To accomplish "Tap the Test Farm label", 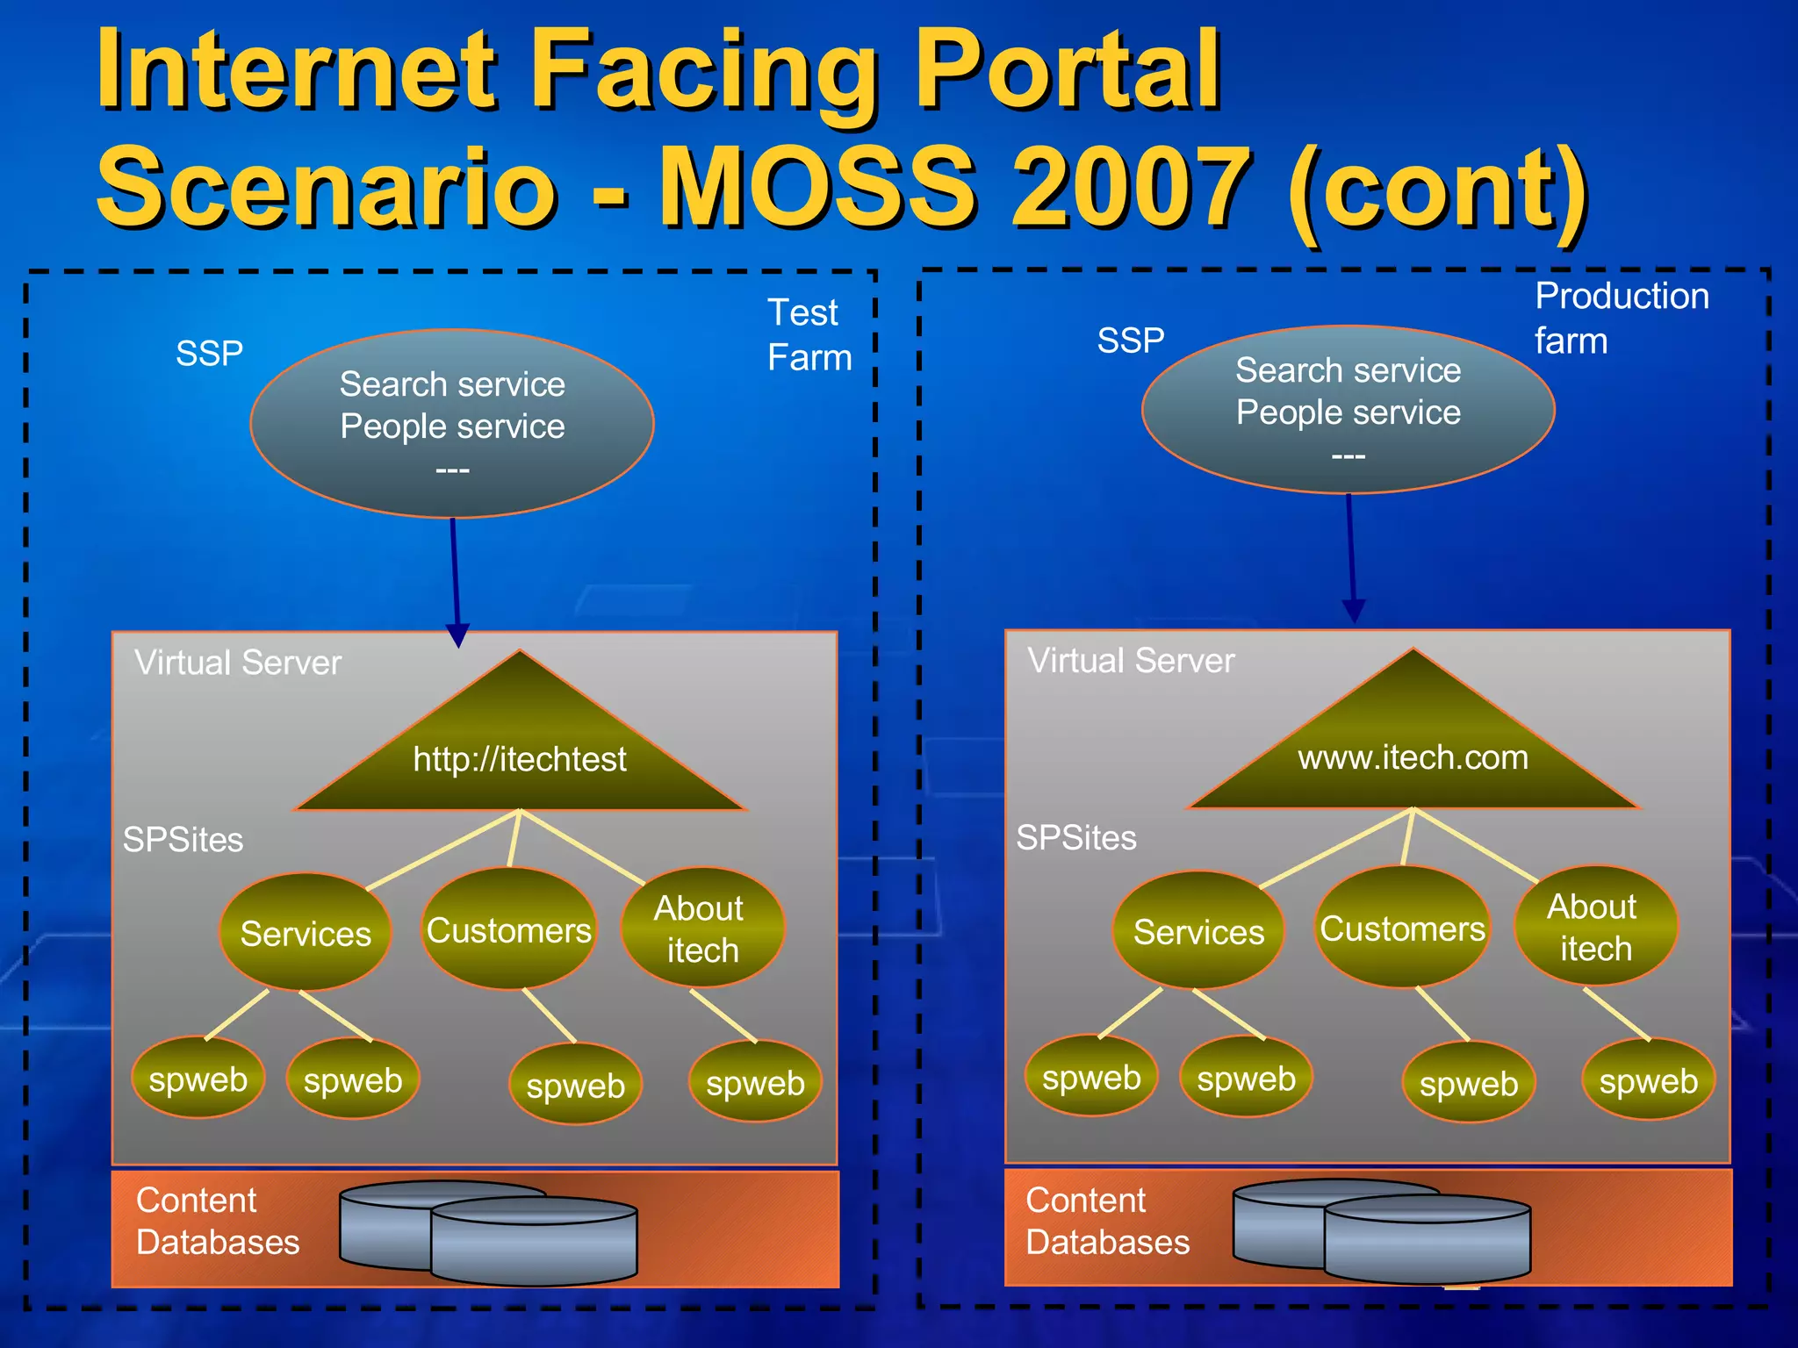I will coord(809,335).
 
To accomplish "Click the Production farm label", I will coord(1621,318).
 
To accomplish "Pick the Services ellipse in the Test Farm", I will coord(306,933).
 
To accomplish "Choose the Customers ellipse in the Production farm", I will coord(1402,928).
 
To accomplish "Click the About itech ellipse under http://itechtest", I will coord(701,929).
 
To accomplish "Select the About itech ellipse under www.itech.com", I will coord(1595,927).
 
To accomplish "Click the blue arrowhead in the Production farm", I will coord(1354,611).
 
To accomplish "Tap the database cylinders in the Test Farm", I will coord(489,1232).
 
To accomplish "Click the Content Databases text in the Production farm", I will coord(1107,1221).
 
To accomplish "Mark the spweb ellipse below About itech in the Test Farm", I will coord(755,1083).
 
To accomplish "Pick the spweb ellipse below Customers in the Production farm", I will coord(1469,1084).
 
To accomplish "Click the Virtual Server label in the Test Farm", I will coord(237,663).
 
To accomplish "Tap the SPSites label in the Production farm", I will coord(1075,837).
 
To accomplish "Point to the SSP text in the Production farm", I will coord(1130,341).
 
